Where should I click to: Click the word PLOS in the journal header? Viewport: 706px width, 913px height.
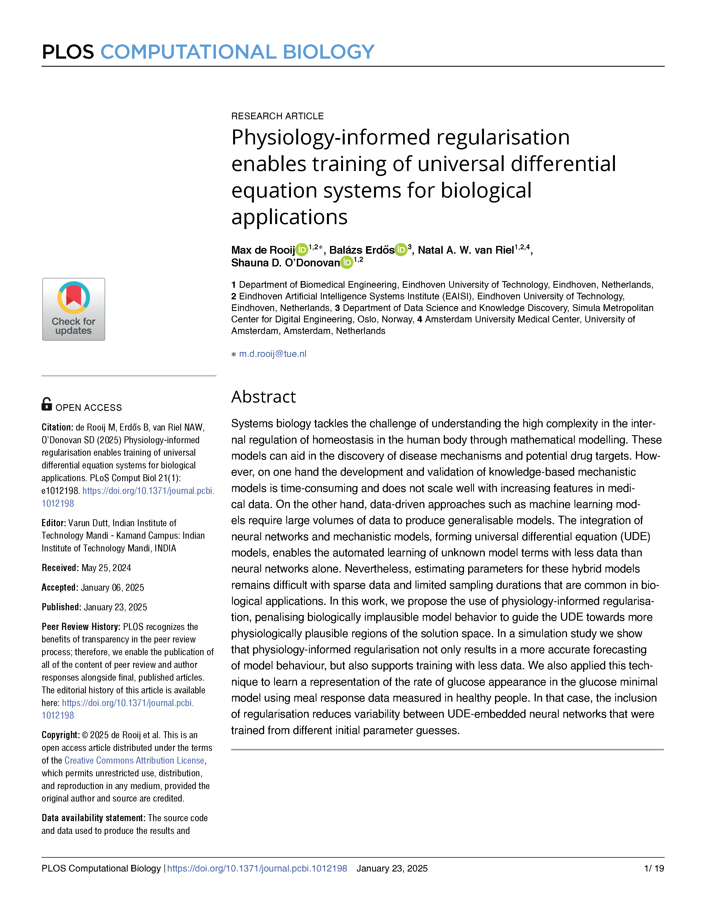tap(68, 52)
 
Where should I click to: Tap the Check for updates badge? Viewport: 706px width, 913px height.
tap(74, 309)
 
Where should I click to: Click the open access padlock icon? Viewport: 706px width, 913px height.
tap(47, 404)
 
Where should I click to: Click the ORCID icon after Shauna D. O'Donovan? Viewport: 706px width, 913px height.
tap(347, 263)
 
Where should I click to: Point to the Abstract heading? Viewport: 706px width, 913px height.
tap(264, 397)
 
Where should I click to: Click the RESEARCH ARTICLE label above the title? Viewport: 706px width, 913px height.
tap(277, 116)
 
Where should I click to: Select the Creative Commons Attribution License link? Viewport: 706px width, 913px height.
tap(134, 760)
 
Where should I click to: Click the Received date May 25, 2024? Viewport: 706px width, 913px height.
tap(106, 568)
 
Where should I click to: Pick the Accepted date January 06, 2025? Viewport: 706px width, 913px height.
tap(112, 587)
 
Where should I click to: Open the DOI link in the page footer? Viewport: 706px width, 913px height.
tap(257, 868)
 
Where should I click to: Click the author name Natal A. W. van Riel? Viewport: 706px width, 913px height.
tap(465, 250)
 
